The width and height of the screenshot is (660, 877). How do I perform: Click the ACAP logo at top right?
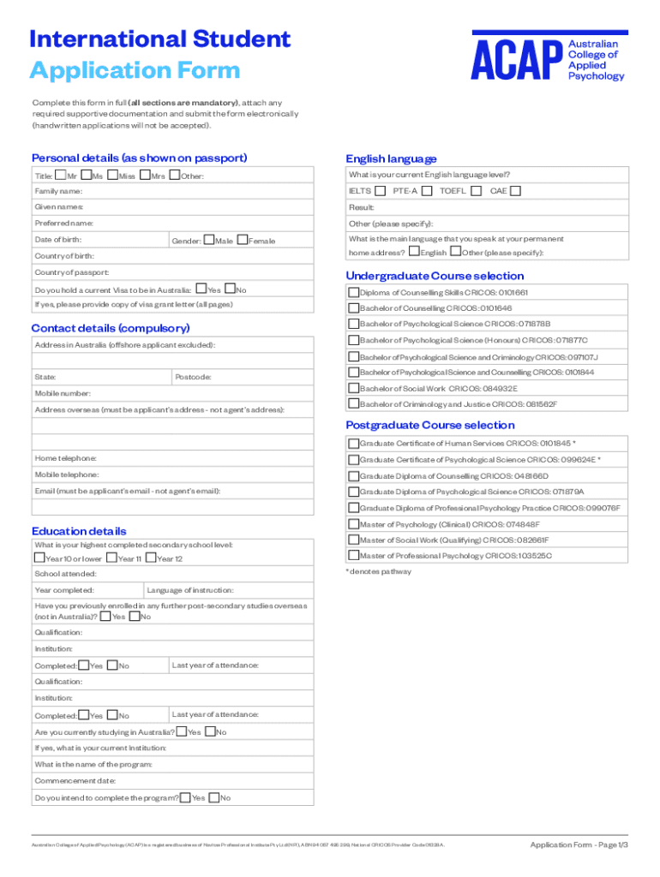549,57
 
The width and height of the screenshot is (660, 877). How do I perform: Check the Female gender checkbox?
243,240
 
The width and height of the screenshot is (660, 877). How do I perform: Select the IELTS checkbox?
381,190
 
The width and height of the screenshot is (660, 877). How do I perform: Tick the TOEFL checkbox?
476,190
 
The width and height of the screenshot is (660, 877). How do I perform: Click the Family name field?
197,192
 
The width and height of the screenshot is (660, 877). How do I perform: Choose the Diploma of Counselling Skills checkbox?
353,293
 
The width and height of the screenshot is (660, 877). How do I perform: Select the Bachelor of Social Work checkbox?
353,388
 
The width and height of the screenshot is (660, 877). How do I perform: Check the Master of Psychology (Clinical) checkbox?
353,524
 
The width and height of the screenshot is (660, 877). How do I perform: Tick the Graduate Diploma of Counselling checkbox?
353,475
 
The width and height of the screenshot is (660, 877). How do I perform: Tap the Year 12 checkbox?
152,558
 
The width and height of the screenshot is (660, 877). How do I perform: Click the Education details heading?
79,531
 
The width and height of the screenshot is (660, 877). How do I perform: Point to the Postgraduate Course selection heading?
430,425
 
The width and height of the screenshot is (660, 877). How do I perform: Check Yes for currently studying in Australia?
182,731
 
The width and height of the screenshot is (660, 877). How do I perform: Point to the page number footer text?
579,845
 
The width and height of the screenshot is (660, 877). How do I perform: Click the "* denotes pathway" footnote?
378,571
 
